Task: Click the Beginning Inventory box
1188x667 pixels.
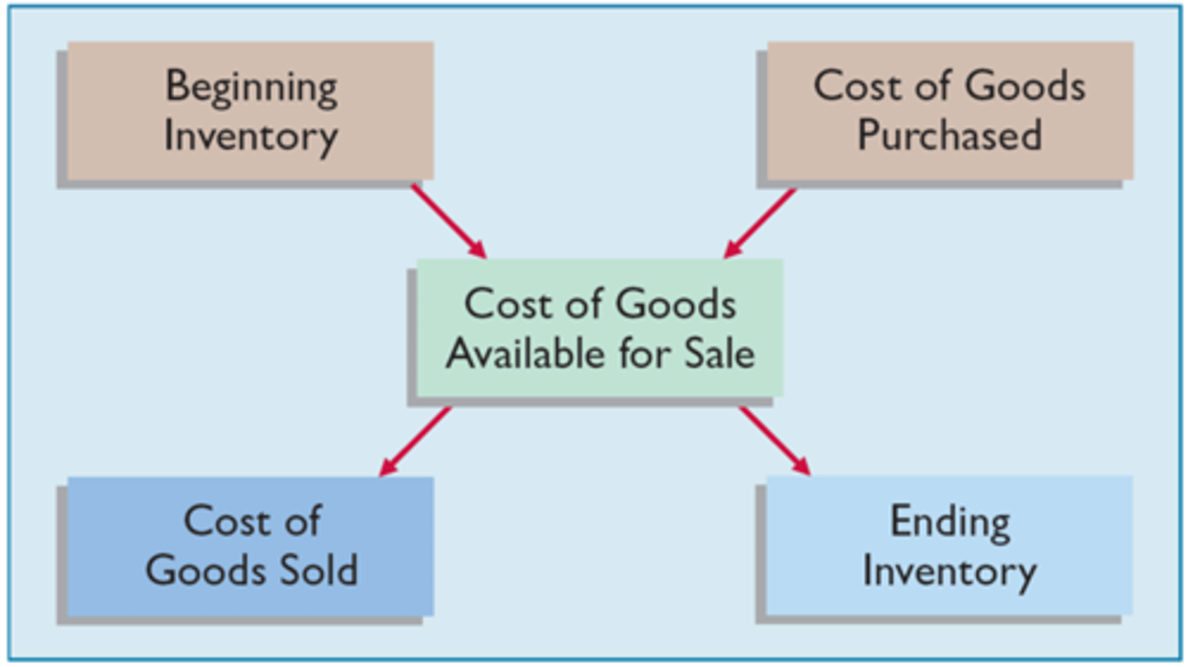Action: tap(250, 110)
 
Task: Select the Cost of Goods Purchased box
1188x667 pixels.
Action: tap(950, 110)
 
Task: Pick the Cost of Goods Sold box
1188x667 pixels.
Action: tap(250, 545)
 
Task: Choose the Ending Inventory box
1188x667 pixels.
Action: tap(950, 545)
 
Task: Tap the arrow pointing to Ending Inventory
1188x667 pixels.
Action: tap(774, 440)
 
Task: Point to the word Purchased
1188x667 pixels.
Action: tap(950, 134)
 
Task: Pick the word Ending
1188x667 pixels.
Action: tap(950, 522)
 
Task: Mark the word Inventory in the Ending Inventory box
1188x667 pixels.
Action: tap(950, 571)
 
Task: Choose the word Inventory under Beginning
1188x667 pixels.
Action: tap(251, 136)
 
